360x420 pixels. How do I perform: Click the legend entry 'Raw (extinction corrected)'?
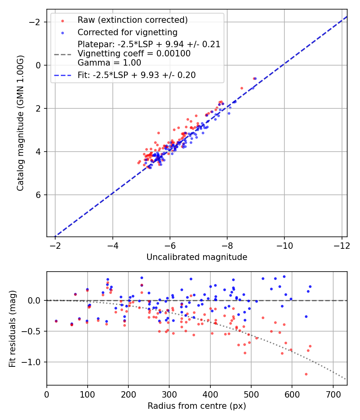pyautogui.click(x=132, y=20)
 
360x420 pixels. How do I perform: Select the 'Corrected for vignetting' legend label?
pyautogui.click(x=127, y=32)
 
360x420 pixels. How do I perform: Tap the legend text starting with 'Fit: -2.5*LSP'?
pyautogui.click(x=136, y=75)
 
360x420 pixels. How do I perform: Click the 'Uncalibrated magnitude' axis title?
pyautogui.click(x=197, y=257)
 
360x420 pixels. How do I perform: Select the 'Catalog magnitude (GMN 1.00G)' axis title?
pyautogui.click(x=20, y=123)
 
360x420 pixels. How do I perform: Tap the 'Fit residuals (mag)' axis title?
pyautogui.click(x=12, y=328)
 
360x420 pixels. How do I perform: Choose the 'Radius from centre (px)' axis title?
pyautogui.click(x=197, y=406)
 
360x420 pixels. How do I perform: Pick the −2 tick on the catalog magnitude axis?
pyautogui.click(x=36, y=22)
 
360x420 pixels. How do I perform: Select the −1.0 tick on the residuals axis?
pyautogui.click(x=32, y=362)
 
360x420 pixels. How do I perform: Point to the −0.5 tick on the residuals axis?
pyautogui.click(x=32, y=331)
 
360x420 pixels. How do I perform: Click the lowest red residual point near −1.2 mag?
pyautogui.click(x=306, y=374)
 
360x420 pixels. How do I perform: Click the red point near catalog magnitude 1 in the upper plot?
pyautogui.click(x=242, y=88)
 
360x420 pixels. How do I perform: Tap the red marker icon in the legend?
pyautogui.click(x=62, y=20)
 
